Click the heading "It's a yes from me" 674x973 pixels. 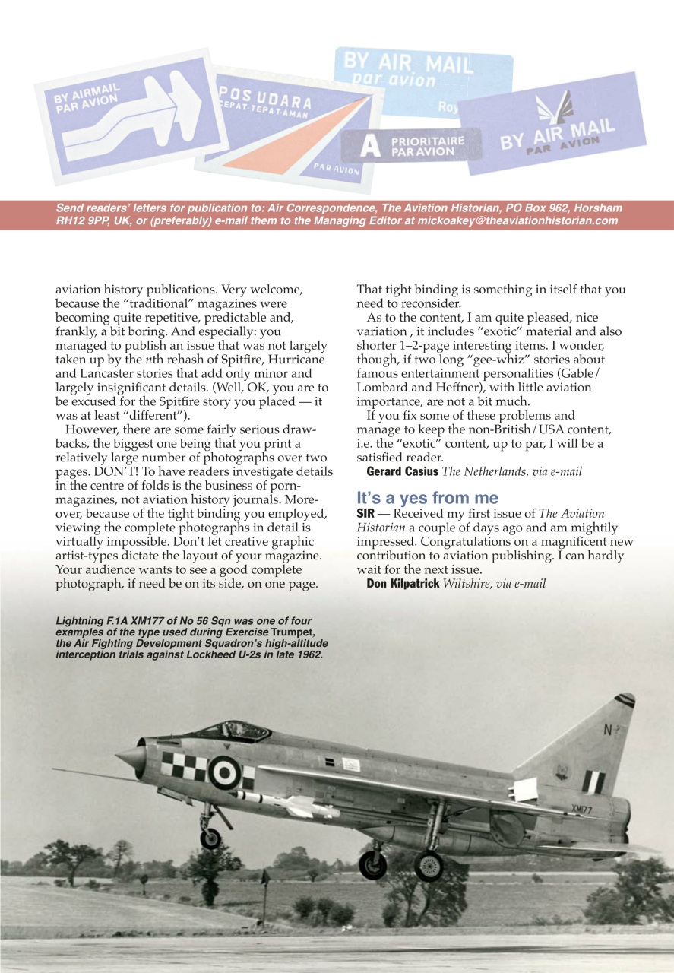[427, 499]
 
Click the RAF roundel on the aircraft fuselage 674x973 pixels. [225, 772]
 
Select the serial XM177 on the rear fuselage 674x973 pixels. [581, 810]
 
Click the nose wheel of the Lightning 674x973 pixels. [210, 838]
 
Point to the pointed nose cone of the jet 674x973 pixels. [129, 756]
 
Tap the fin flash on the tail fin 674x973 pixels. [593, 781]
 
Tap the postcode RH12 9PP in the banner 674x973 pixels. [82, 221]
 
